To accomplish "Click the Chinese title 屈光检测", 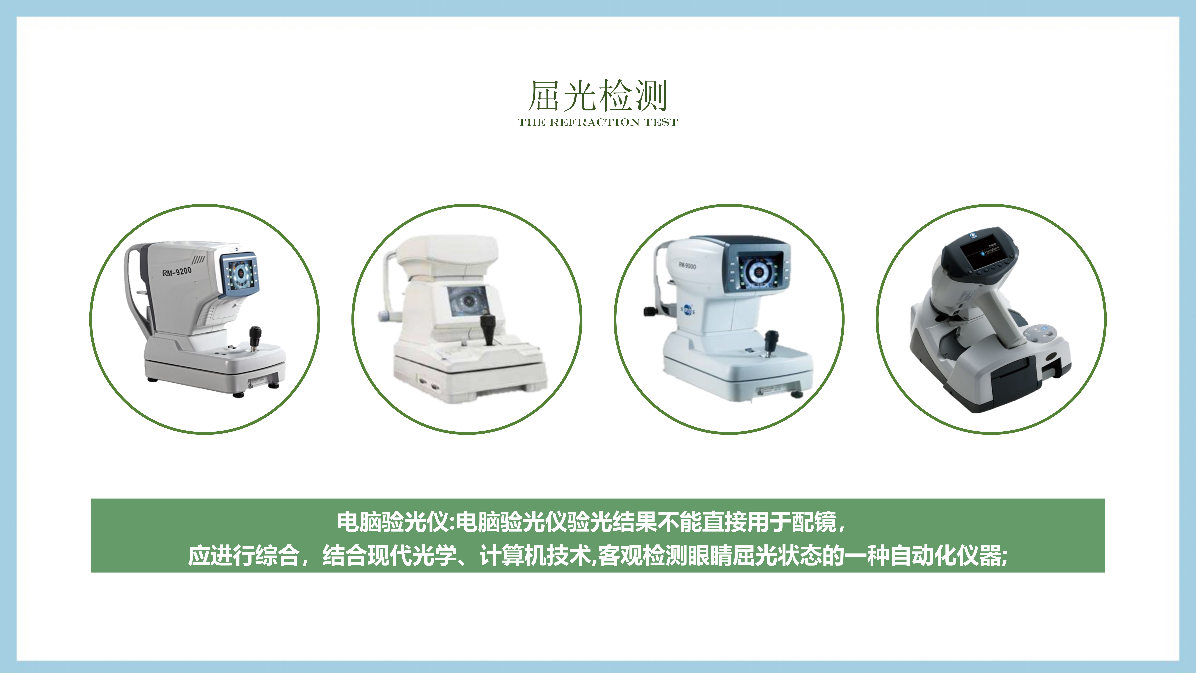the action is point(598,96).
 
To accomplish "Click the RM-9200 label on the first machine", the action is point(176,271).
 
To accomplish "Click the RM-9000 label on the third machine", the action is point(687,266).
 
